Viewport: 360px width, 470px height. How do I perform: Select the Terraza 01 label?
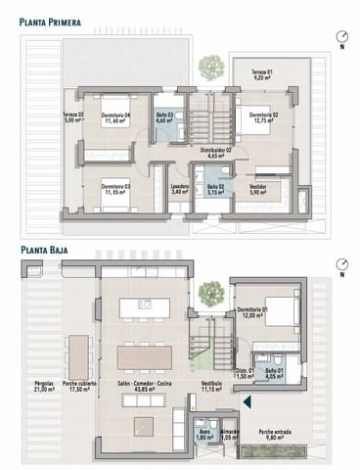260,76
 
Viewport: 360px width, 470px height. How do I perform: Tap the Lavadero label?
179,189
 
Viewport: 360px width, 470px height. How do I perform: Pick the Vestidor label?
257,189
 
